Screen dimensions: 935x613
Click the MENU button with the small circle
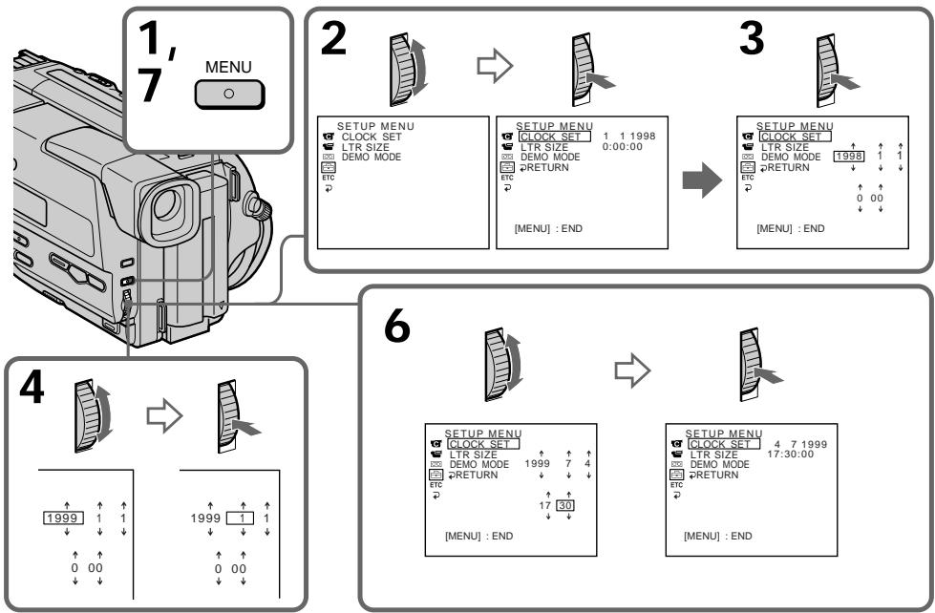229,95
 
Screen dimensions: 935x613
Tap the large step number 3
752,38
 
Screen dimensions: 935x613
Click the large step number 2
333,38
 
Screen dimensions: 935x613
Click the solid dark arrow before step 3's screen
702,180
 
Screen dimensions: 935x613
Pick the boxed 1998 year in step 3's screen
848,157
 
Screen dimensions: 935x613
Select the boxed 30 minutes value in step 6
564,506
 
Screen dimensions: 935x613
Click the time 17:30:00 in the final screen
790,454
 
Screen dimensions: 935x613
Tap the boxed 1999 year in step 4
63,518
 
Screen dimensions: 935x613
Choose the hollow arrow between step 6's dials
631,370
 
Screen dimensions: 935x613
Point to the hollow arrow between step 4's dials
164,415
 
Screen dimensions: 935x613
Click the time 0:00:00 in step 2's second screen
623,147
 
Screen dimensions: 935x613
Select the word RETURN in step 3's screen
788,167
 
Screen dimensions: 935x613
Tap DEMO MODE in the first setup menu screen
372,157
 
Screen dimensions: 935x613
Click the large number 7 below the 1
150,85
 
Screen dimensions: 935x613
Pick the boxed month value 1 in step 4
242,518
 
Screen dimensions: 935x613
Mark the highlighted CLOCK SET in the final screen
724,444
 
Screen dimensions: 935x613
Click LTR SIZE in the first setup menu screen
366,147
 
